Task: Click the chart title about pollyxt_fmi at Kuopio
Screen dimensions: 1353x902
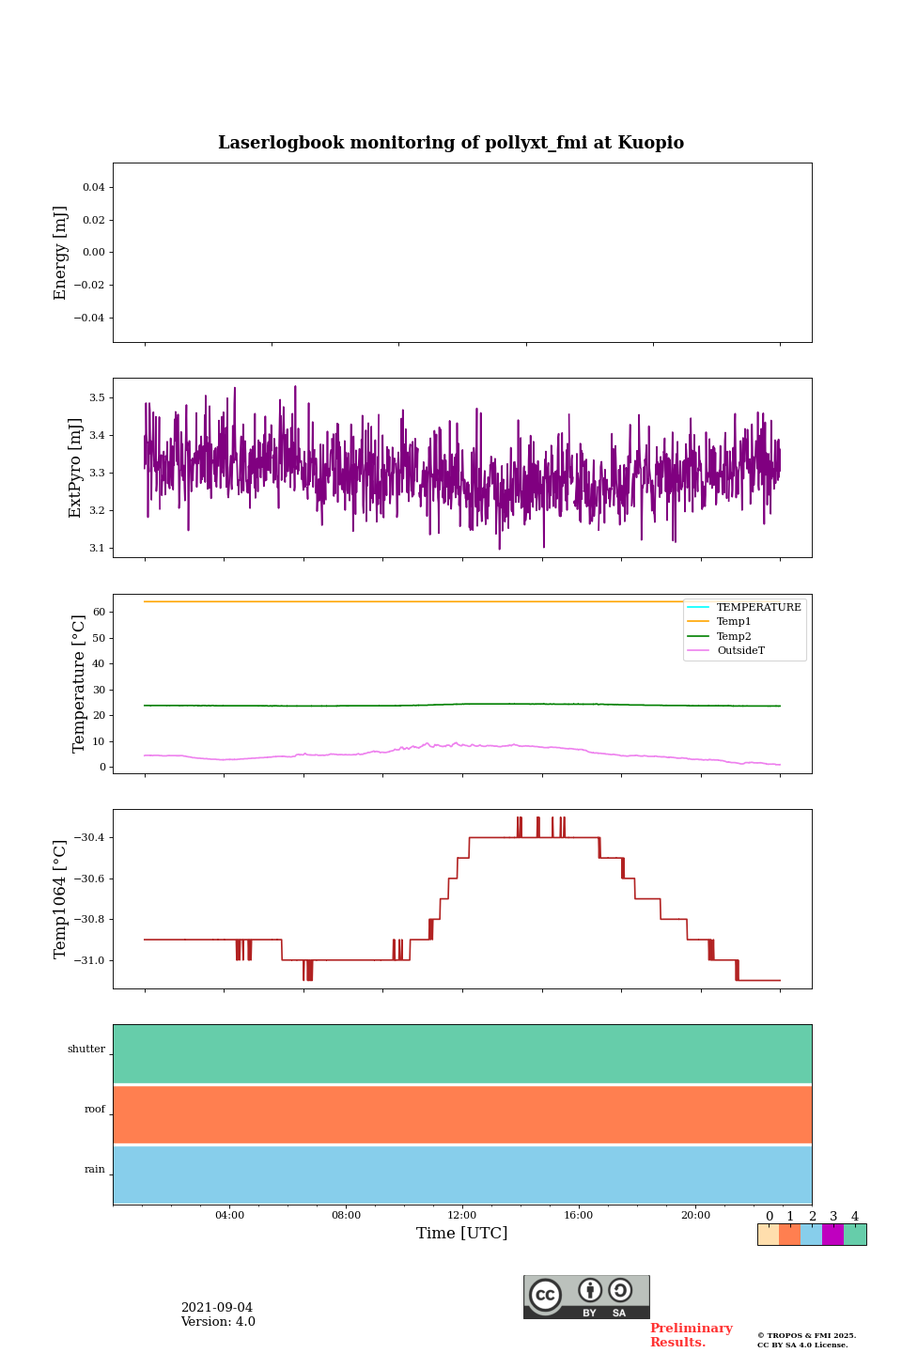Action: click(x=451, y=143)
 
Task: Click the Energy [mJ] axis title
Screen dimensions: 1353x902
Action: click(x=61, y=253)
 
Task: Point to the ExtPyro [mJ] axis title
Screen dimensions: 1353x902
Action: click(x=76, y=468)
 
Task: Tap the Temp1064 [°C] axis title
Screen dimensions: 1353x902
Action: click(x=61, y=899)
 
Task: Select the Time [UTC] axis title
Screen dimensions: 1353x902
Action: click(x=462, y=1233)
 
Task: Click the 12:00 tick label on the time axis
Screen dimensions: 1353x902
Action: click(x=462, y=1215)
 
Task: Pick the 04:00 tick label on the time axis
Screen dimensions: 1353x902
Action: click(x=229, y=1215)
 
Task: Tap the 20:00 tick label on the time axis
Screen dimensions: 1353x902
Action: click(x=695, y=1215)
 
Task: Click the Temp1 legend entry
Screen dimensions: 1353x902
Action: click(x=734, y=622)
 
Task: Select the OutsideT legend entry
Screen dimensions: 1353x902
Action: click(x=740, y=650)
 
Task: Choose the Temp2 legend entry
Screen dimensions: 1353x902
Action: click(x=734, y=636)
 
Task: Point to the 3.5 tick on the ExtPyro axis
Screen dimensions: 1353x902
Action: click(x=97, y=397)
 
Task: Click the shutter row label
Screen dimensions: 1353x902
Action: click(x=86, y=1050)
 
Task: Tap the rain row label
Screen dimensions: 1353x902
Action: click(x=95, y=1170)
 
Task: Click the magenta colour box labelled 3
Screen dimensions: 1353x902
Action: click(x=832, y=1235)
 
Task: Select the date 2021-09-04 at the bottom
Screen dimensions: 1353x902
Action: click(x=217, y=1308)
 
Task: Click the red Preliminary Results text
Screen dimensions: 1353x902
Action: click(x=691, y=1335)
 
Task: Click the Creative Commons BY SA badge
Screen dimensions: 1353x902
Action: click(x=586, y=1297)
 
